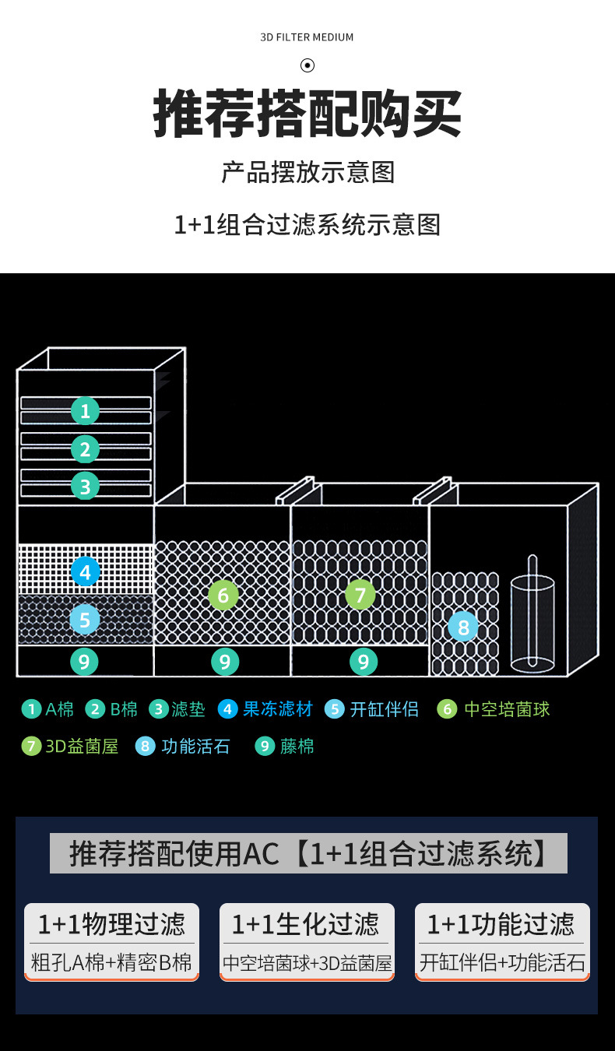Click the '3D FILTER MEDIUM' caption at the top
point(307,37)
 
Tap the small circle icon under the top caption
point(307,65)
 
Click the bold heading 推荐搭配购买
point(307,114)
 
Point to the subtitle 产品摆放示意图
point(307,172)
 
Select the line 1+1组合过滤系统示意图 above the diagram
point(307,225)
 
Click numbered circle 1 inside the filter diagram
point(85,410)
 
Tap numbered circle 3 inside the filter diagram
point(85,487)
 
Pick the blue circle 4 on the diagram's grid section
point(85,572)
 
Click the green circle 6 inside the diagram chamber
point(223,596)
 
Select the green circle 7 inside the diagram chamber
point(360,596)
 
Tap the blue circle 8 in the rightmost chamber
point(463,626)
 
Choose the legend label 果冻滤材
point(277,709)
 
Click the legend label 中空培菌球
point(507,709)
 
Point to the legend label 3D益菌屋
point(82,747)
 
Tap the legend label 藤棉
point(297,747)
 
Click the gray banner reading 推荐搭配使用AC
point(308,853)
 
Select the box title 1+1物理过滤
point(111,924)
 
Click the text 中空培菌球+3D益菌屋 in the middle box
point(307,963)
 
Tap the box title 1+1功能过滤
point(502,924)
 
